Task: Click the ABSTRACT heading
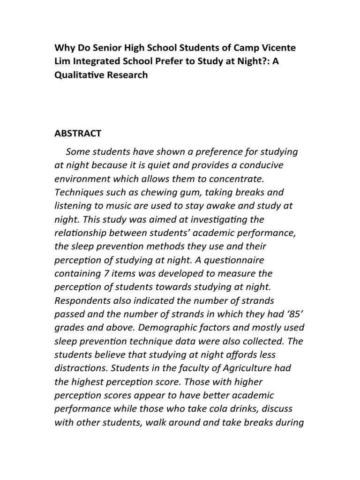point(78,134)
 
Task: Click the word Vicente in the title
point(279,48)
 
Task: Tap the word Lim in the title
point(64,61)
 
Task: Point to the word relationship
point(80,233)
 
